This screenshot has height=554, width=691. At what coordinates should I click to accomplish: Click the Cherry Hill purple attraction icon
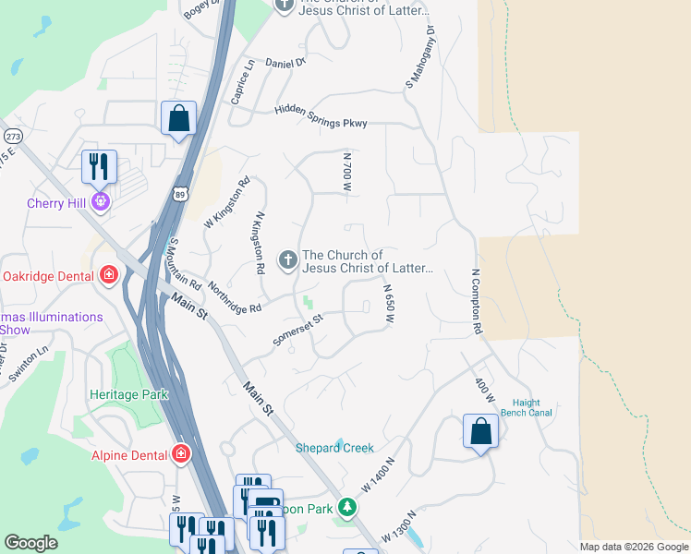pyautogui.click(x=100, y=201)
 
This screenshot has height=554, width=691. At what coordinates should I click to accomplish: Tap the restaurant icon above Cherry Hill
pyautogui.click(x=99, y=167)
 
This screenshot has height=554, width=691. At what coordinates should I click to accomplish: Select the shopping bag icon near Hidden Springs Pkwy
pyautogui.click(x=178, y=118)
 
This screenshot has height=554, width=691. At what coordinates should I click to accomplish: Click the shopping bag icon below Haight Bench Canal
pyautogui.click(x=480, y=431)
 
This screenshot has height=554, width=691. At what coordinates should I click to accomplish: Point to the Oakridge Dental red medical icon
pyautogui.click(x=109, y=275)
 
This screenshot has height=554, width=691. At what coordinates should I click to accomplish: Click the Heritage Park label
pyautogui.click(x=128, y=394)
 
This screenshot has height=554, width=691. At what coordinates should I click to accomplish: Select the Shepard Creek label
pyautogui.click(x=334, y=448)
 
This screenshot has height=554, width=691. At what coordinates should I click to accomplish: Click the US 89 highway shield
pyautogui.click(x=180, y=193)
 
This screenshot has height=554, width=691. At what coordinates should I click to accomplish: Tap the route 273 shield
pyautogui.click(x=13, y=135)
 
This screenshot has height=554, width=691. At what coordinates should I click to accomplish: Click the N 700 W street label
pyautogui.click(x=347, y=172)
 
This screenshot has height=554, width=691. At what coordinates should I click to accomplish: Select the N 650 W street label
pyautogui.click(x=390, y=304)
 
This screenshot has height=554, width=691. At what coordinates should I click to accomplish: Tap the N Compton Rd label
pyautogui.click(x=477, y=301)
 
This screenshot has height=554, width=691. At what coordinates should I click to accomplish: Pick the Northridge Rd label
pyautogui.click(x=234, y=296)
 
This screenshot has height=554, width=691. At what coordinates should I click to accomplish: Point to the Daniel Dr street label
pyautogui.click(x=285, y=63)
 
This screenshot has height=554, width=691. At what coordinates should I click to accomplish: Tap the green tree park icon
pyautogui.click(x=346, y=507)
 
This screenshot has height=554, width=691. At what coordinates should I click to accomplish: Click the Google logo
pyautogui.click(x=31, y=543)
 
